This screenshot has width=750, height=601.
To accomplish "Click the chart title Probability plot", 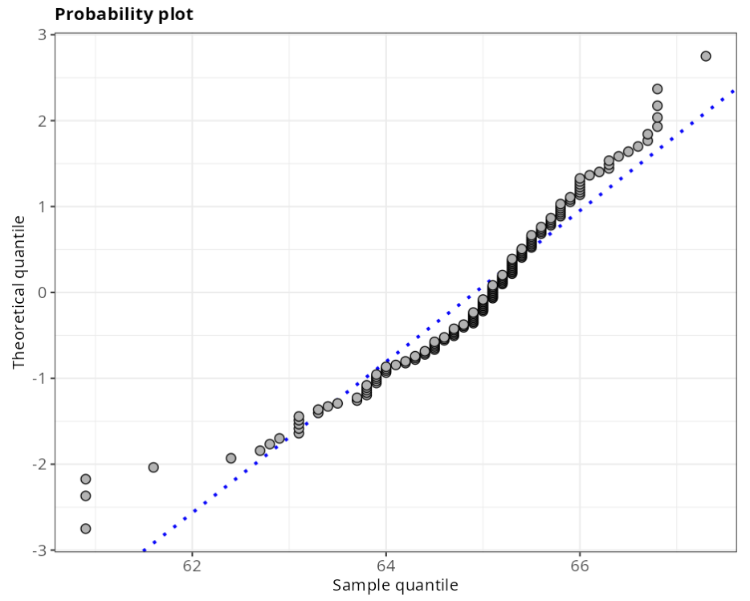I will [124, 14].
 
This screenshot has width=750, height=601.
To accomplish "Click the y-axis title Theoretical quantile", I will [19, 292].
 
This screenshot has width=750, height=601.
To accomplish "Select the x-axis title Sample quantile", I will [395, 585].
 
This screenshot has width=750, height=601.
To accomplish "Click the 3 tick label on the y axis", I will [40, 35].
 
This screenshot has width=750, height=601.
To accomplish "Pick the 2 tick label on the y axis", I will [40, 121].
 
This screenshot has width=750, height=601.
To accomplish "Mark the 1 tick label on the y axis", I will [40, 206].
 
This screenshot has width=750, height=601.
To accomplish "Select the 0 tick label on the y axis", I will [40, 292].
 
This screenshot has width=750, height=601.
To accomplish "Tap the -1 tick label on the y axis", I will [37, 378].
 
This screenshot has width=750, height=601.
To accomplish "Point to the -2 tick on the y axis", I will [37, 464].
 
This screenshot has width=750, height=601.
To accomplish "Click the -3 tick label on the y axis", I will [37, 550].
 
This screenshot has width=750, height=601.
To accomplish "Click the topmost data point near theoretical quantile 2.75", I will [706, 56].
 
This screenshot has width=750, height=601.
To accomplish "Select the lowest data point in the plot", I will [86, 529].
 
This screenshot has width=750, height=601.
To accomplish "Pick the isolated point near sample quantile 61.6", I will [153, 468].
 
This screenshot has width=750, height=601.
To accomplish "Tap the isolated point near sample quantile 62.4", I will [231, 458].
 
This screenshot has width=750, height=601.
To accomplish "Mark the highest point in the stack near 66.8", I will [657, 89].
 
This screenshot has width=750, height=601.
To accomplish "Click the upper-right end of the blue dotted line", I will [734, 91].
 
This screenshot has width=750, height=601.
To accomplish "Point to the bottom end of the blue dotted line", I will [145, 550].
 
